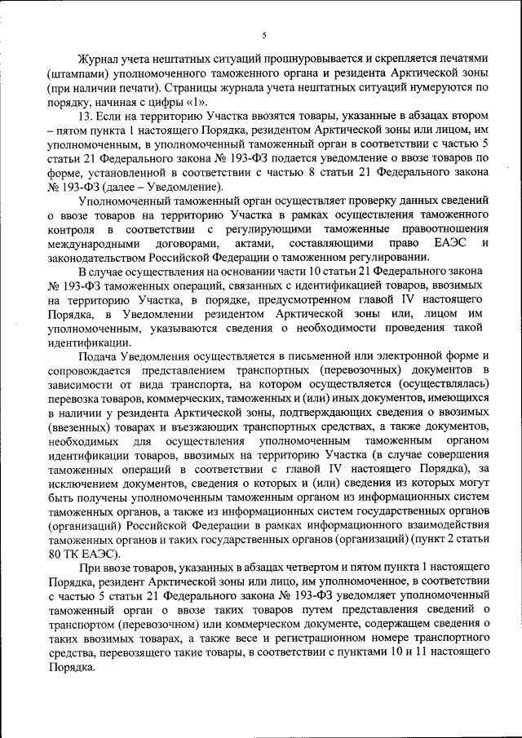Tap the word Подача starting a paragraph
click(98, 356)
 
